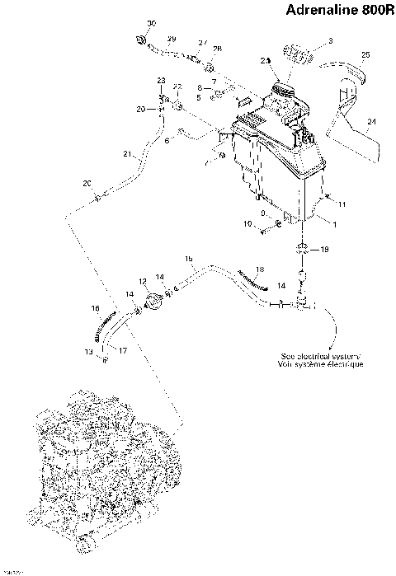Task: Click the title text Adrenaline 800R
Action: tap(338, 12)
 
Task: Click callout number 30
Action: tap(151, 22)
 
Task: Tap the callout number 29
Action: tap(172, 40)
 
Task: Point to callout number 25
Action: tap(365, 54)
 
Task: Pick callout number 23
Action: tap(162, 79)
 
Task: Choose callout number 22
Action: tap(177, 87)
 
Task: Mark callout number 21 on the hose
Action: tap(127, 154)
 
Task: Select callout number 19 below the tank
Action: tap(324, 248)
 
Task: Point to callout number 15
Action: tap(189, 259)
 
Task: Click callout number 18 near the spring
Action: tap(260, 269)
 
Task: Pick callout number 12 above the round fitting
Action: tap(143, 282)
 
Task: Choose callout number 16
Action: tap(96, 309)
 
